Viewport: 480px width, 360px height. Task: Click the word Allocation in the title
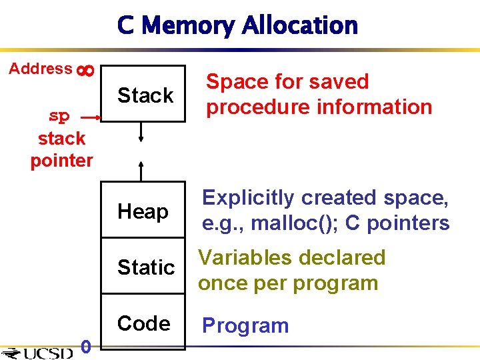tap(300, 25)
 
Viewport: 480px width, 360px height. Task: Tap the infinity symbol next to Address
tap(85, 69)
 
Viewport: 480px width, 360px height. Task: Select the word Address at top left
tap(41, 69)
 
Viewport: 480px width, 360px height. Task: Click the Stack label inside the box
tap(145, 95)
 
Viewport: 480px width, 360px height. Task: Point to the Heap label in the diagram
tap(143, 211)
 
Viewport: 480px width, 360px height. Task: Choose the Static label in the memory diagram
tap(146, 267)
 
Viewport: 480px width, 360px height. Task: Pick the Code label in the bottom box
tap(143, 323)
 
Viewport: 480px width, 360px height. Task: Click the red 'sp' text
tap(59, 116)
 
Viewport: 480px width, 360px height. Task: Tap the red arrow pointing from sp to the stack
tap(90, 117)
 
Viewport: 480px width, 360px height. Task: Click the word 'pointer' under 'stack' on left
tap(61, 161)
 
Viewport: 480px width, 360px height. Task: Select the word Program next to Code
tap(245, 326)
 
